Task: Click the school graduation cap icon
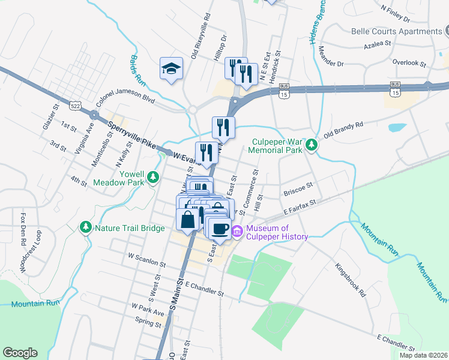pos(172,68)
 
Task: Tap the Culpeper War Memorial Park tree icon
pos(311,145)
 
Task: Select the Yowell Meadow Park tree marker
pos(154,177)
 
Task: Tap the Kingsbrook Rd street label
pos(350,280)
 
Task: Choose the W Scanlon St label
pos(147,259)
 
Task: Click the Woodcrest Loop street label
pos(23,251)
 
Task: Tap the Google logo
pos(20,353)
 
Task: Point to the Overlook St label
pos(408,62)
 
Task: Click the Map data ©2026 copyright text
pos(423,355)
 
